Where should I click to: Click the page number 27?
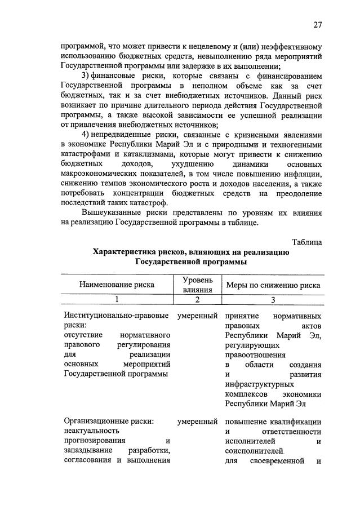(x=318, y=24)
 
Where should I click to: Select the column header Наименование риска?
(x=117, y=285)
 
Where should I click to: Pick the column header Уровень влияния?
(x=197, y=285)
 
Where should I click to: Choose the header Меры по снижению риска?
(x=273, y=285)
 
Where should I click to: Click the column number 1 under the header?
(x=117, y=300)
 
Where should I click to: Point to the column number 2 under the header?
(x=197, y=300)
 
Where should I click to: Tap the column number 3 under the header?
(x=273, y=300)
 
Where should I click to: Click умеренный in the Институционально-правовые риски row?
(x=197, y=316)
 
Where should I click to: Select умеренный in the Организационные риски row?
(x=197, y=421)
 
